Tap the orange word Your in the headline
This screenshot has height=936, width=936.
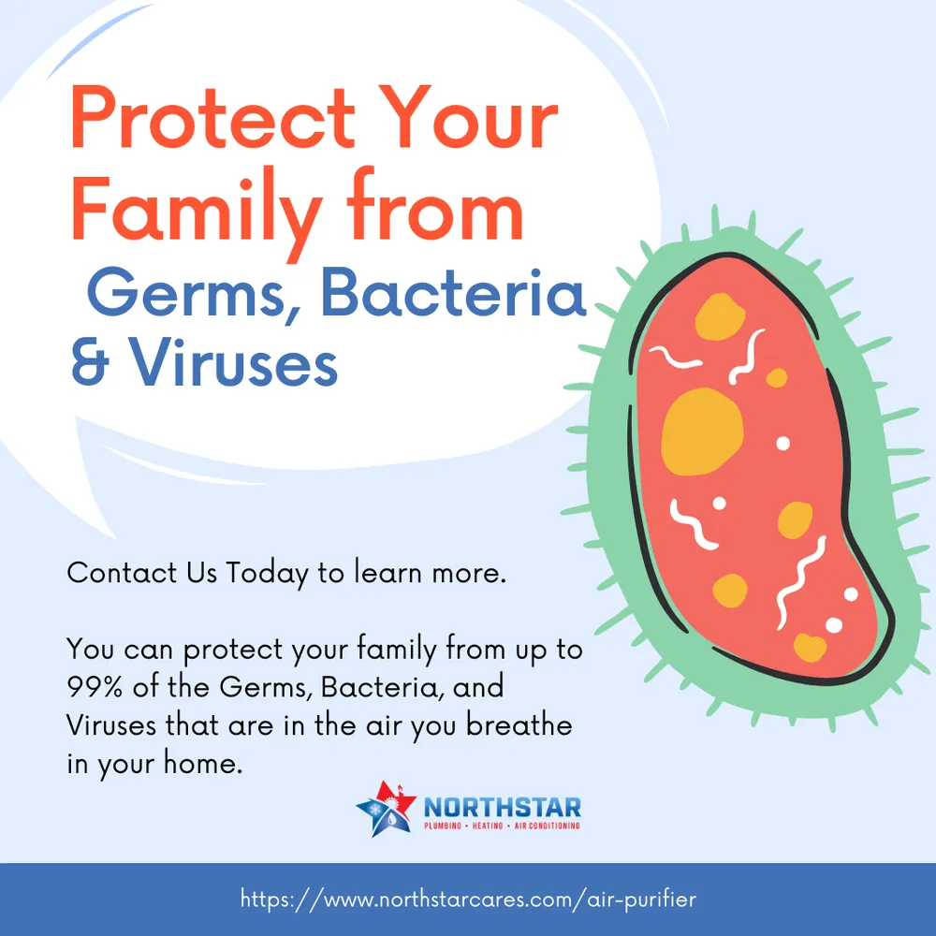pos(467,118)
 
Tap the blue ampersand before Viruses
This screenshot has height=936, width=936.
pos(90,360)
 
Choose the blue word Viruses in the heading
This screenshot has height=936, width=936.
pos(234,360)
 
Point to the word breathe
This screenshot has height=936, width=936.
pos(519,724)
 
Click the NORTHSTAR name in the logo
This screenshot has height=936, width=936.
pos(502,808)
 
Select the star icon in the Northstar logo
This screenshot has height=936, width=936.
pos(386,809)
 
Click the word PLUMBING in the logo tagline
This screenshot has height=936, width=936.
pos(443,826)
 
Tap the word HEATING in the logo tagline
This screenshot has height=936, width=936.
pos(487,826)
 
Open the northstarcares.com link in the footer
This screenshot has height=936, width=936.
pos(468,899)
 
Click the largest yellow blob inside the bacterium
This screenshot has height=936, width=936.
pos(702,431)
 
